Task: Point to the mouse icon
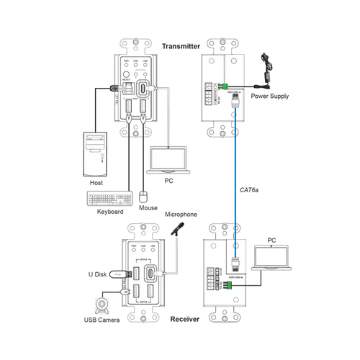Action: [144, 196]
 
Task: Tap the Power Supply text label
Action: [271, 94]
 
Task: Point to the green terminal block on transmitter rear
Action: [225, 87]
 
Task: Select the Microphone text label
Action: [181, 215]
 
